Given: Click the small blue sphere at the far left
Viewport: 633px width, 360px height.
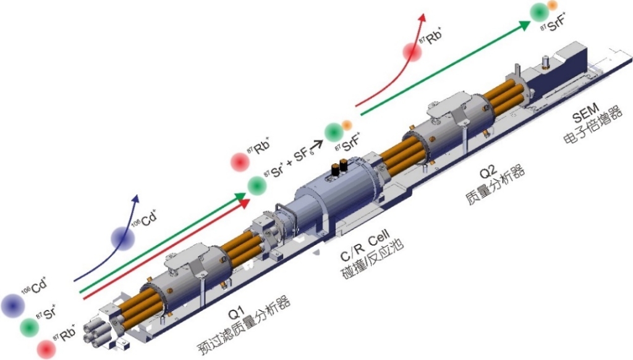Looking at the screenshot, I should click(12, 304).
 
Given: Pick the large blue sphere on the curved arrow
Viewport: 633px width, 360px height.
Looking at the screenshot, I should click(123, 238).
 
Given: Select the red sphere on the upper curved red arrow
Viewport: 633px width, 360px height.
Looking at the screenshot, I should click(412, 51).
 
